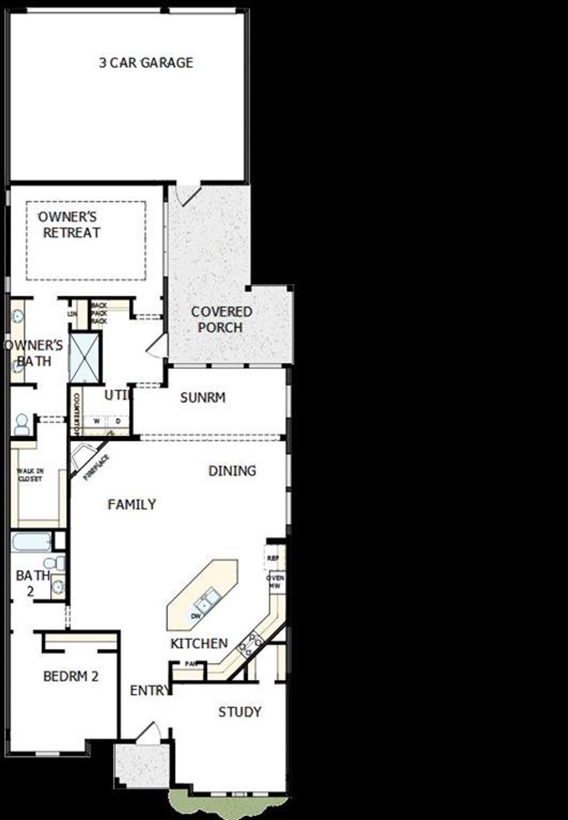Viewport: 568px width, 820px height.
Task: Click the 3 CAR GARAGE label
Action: pyautogui.click(x=146, y=63)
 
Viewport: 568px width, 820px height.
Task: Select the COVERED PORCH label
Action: pyautogui.click(x=221, y=319)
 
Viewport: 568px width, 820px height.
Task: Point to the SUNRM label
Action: pyautogui.click(x=203, y=398)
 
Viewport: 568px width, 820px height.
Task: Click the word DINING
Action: pyautogui.click(x=232, y=471)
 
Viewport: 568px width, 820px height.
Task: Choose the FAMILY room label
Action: pyautogui.click(x=132, y=505)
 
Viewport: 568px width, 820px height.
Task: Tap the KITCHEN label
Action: pyautogui.click(x=199, y=643)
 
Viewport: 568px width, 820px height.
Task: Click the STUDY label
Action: pyautogui.click(x=240, y=712)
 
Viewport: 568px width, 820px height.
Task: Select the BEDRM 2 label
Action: pyautogui.click(x=71, y=677)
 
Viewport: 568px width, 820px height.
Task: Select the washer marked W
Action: pyautogui.click(x=96, y=421)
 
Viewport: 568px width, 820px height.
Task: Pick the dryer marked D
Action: pyautogui.click(x=118, y=421)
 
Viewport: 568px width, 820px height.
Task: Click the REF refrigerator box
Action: pyautogui.click(x=272, y=558)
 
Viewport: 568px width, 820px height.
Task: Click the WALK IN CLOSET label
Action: pyautogui.click(x=30, y=475)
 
